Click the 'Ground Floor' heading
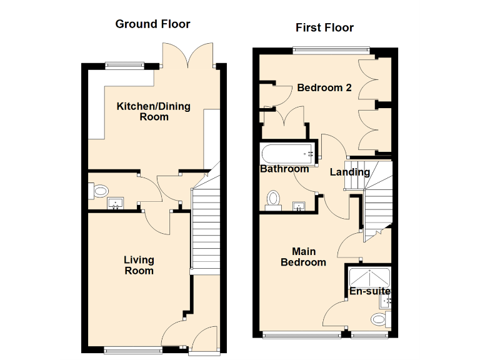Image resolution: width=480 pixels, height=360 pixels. (152, 24)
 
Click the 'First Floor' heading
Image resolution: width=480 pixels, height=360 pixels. (324, 27)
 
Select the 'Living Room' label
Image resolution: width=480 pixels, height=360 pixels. (139, 265)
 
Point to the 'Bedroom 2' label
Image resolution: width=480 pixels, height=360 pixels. (324, 88)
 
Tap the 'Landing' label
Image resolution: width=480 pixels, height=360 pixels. (349, 172)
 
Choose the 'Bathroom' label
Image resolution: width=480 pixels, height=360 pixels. (284, 169)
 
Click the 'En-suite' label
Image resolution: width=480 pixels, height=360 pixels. (369, 291)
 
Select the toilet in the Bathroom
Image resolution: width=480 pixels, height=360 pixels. (272, 198)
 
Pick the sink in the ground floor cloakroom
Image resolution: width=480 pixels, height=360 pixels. (116, 203)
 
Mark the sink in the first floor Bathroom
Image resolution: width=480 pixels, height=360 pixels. (299, 206)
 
